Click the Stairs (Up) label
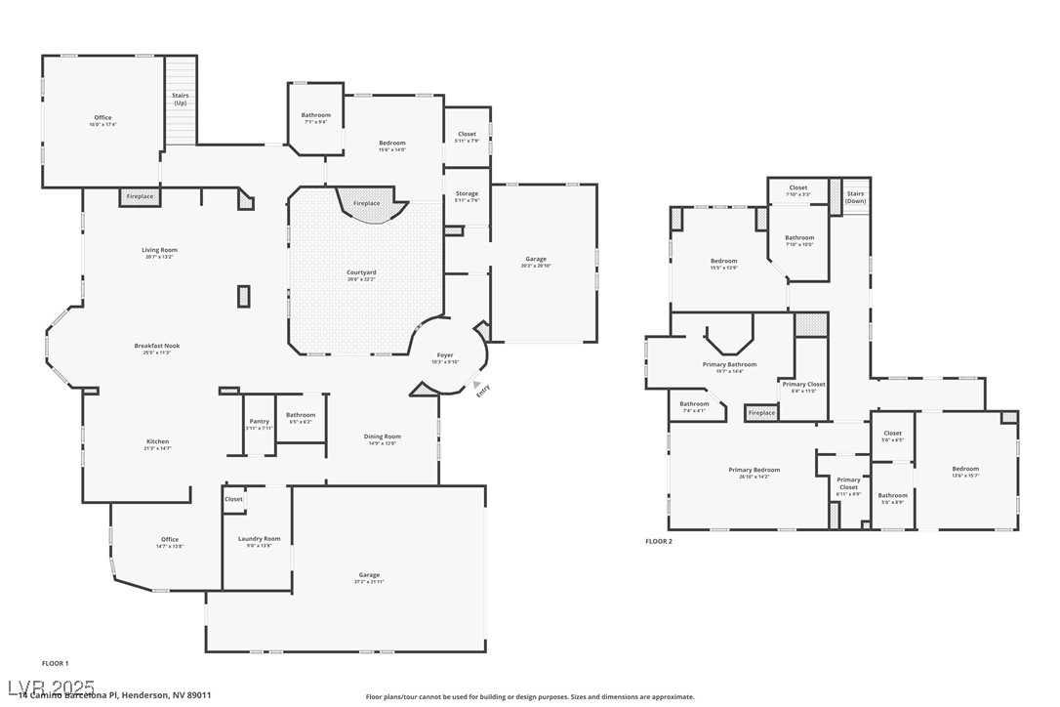tap(181, 99)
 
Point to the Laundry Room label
tap(259, 538)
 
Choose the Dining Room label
tap(385, 437)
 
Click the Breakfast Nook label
tap(157, 346)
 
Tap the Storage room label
tap(467, 193)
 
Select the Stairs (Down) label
tap(855, 197)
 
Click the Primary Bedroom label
tap(754, 470)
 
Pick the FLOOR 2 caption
tap(659, 541)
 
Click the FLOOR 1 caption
tap(55, 663)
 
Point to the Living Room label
tap(157, 250)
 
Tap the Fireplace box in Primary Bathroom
tap(761, 413)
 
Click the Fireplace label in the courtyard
tap(366, 203)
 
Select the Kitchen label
tap(157, 441)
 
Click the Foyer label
tap(445, 355)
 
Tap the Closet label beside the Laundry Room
tap(233, 499)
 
